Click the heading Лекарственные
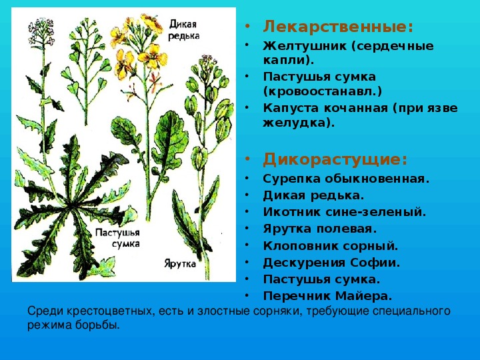pyautogui.click(x=338, y=27)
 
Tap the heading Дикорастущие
pyautogui.click(x=335, y=159)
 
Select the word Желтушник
pyautogui.click(x=305, y=46)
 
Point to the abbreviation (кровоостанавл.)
pyautogui.click(x=323, y=91)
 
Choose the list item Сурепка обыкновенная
pyautogui.click(x=346, y=179)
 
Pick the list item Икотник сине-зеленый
pyautogui.click(x=345, y=212)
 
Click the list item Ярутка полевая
pyautogui.click(x=319, y=229)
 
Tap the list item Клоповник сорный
pyautogui.click(x=330, y=246)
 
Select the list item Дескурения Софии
pyautogui.click(x=331, y=263)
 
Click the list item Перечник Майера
pyautogui.click(x=327, y=296)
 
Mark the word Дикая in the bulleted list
pyautogui.click(x=284, y=196)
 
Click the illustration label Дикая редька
pyautogui.click(x=183, y=30)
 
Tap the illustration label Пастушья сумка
pyautogui.click(x=117, y=238)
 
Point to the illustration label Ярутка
pyautogui.click(x=180, y=263)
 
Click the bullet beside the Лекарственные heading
pyautogui.click(x=247, y=27)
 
